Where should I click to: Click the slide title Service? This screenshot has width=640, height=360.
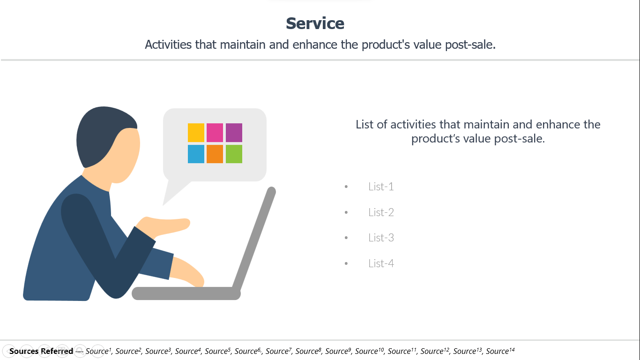(315, 23)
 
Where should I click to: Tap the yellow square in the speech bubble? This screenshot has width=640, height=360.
(196, 133)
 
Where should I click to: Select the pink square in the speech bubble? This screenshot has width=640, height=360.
(215, 133)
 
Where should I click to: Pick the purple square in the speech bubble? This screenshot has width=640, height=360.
(234, 133)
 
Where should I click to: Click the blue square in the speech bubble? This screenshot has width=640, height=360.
(196, 154)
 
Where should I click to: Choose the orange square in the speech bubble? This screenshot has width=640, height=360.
(215, 154)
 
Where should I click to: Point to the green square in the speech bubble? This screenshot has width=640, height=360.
(234, 154)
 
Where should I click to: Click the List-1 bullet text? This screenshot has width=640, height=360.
(381, 187)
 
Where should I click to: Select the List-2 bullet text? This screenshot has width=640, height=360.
(381, 212)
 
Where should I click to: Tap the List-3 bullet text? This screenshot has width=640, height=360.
(381, 238)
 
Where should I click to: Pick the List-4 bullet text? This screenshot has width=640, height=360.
(381, 263)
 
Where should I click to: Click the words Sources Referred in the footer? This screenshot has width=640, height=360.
(41, 351)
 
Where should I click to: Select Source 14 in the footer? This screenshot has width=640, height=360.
(500, 351)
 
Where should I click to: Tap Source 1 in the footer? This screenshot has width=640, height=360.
(98, 351)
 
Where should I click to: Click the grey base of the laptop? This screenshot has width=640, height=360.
(186, 293)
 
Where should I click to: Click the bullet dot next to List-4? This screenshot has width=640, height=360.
(346, 263)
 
